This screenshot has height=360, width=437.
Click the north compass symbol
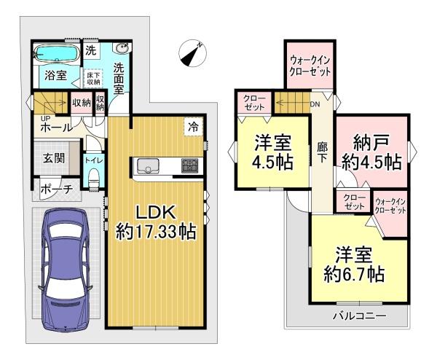[192, 53]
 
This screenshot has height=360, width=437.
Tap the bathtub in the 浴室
[57, 53]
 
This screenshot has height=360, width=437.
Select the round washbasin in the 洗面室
[121, 48]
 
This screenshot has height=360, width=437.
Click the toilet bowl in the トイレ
[94, 177]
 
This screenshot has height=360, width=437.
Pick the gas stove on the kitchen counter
[190, 165]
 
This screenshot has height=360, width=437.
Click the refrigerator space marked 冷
[193, 127]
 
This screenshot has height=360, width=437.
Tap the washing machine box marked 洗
[91, 50]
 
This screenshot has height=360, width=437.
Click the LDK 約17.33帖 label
[156, 222]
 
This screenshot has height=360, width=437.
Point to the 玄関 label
[54, 158]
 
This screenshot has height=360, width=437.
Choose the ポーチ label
[57, 189]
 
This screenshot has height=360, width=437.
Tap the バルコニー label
[360, 316]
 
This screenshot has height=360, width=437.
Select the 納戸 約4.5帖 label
[371, 153]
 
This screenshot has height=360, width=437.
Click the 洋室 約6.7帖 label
[354, 265]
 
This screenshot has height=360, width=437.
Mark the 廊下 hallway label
[322, 153]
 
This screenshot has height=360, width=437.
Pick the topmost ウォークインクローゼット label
[310, 66]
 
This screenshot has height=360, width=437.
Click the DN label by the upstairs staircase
[315, 104]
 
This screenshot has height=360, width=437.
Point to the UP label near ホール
[45, 118]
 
